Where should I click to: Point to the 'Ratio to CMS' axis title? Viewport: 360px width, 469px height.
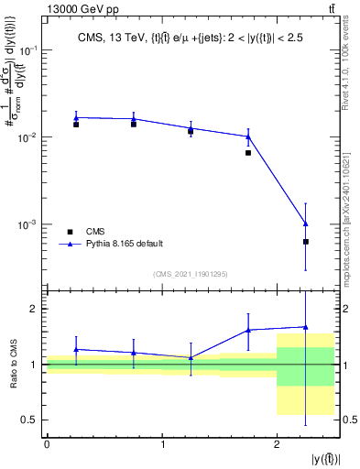pyautogui.click(x=14, y=364)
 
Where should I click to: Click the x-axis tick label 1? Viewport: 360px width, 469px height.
pyautogui.click(x=162, y=444)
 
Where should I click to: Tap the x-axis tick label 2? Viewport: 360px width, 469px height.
pyautogui.click(x=277, y=444)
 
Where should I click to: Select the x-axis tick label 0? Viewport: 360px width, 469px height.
pyautogui.click(x=47, y=444)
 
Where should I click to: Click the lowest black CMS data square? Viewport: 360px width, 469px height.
pyautogui.click(x=305, y=242)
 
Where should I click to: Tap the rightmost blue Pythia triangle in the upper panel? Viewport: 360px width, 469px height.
pyautogui.click(x=305, y=224)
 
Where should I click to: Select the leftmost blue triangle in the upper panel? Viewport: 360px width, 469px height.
pyautogui.click(x=76, y=117)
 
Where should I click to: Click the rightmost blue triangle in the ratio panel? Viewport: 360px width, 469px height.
pyautogui.click(x=305, y=327)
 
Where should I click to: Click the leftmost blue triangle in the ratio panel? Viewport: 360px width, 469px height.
pyautogui.click(x=76, y=349)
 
